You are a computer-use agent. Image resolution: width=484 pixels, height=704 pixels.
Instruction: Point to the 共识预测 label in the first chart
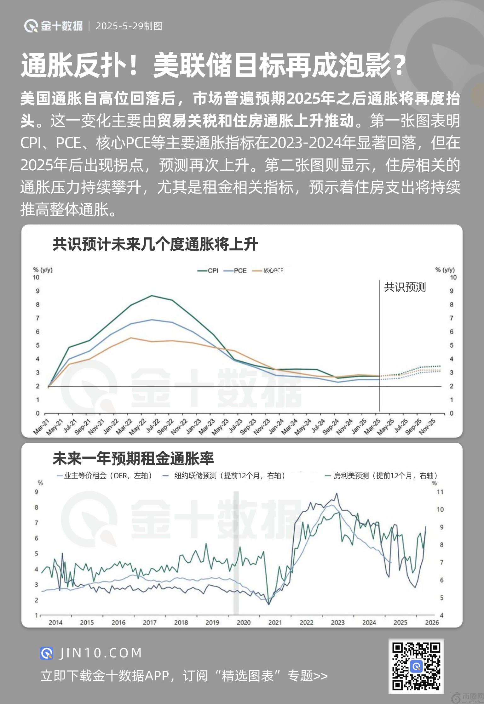pos(405,287)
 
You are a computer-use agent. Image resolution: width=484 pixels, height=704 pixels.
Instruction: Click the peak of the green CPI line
pos(152,296)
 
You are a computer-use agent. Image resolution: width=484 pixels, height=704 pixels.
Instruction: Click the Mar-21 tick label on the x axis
pos(41,427)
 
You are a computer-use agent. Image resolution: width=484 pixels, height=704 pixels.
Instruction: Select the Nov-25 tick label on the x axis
pos(427,427)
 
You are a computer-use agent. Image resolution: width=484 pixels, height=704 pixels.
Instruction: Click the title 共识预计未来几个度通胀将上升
pos(155,244)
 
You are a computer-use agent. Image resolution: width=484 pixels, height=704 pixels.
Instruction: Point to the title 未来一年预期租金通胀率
pos(133,458)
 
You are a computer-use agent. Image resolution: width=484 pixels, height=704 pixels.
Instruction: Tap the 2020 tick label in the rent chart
pos(244,622)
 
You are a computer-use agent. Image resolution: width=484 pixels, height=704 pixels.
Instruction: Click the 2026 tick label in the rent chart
pos(432,622)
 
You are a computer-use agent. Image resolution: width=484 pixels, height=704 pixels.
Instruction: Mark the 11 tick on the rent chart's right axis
pos(440,492)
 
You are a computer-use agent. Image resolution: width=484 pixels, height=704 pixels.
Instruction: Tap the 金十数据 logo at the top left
pos(54,26)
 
